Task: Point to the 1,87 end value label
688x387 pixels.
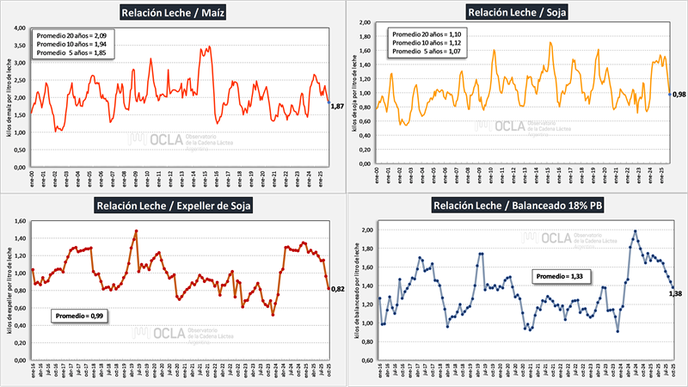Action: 337,106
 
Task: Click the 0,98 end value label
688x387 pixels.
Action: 679,94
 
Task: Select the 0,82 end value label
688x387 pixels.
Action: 337,289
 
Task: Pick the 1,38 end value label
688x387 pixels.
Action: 677,294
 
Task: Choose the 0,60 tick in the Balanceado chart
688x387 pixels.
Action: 365,360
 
